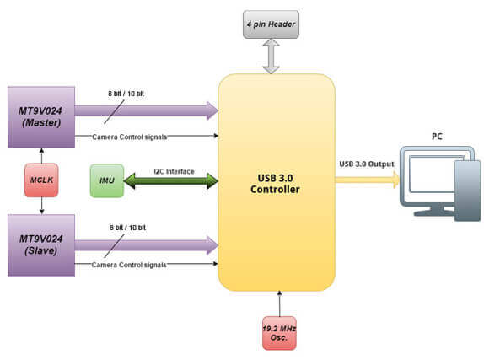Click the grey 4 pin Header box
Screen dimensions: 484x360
[271, 24]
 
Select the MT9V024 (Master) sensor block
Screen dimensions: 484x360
[41, 117]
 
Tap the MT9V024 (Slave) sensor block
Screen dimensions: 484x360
[41, 245]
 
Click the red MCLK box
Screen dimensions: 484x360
[41, 180]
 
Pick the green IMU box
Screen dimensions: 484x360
[107, 180]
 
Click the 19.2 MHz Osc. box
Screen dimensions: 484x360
[279, 333]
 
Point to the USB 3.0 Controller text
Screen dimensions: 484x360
[275, 184]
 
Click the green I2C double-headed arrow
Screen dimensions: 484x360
[171, 181]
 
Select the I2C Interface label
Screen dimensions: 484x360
[174, 171]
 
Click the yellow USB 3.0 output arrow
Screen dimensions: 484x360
[368, 180]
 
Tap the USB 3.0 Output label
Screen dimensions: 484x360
[367, 164]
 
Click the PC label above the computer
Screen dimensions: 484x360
[437, 136]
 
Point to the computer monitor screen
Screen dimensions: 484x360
[432, 175]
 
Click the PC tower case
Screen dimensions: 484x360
[467, 191]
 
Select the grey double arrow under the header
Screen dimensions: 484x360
[271, 56]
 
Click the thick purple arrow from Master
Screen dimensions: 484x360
[147, 110]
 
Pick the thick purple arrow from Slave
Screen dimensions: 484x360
[147, 245]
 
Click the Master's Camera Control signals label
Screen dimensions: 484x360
[129, 137]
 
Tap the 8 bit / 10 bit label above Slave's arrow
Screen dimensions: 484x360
[127, 228]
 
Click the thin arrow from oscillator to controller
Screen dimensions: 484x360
[280, 304]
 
